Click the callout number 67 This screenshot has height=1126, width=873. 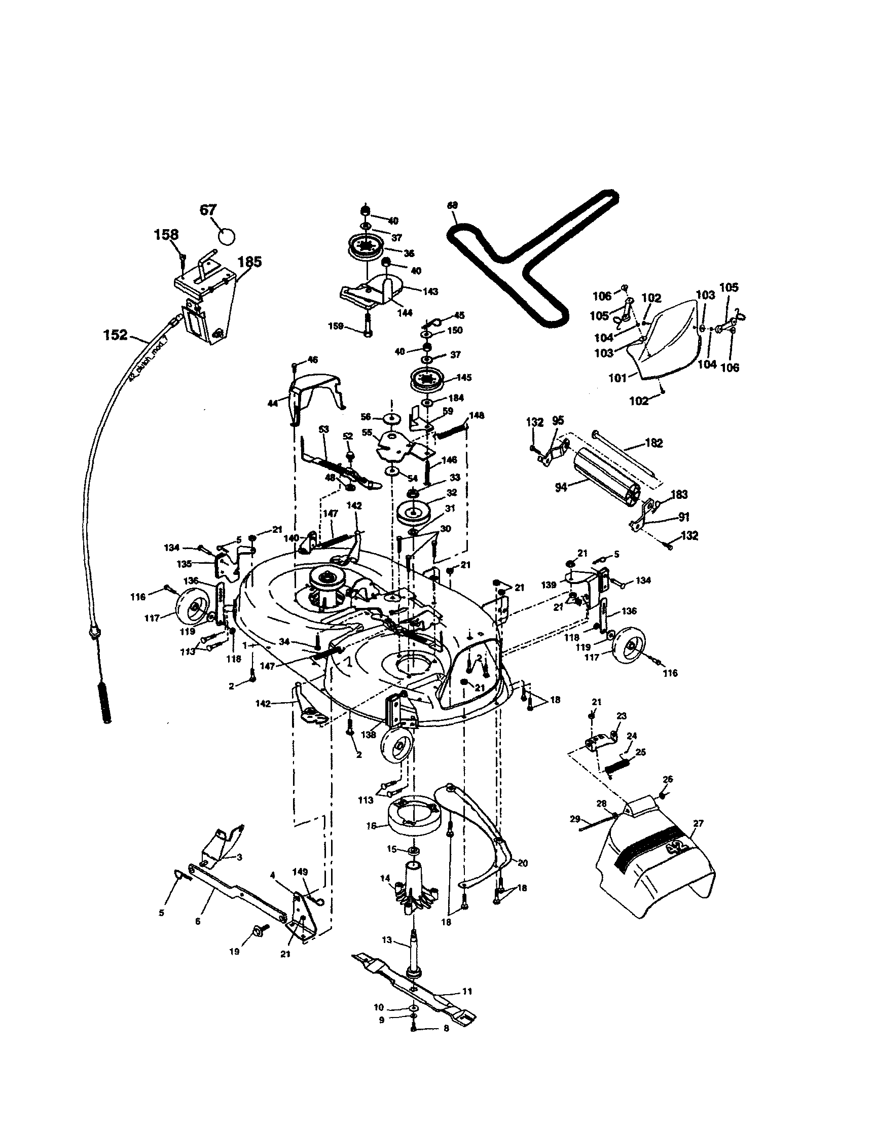click(x=208, y=211)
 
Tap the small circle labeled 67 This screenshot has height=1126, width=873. click(x=227, y=237)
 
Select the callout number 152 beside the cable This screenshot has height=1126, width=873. click(x=115, y=335)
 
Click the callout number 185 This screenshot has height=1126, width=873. click(x=249, y=262)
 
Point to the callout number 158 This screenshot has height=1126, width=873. click(x=166, y=235)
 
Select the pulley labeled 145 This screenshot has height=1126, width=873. click(x=427, y=381)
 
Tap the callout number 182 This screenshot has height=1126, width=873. click(x=653, y=444)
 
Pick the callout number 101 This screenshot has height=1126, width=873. click(x=617, y=378)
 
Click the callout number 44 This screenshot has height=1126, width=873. click(x=272, y=404)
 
